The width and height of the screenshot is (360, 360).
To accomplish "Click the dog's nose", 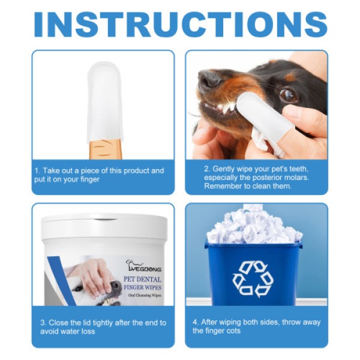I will [x=209, y=78].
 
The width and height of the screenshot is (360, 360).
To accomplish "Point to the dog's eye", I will [x=289, y=94].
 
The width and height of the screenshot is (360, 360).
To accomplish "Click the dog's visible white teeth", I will [x=227, y=108].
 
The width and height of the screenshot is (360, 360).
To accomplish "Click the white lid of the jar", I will [x=104, y=227].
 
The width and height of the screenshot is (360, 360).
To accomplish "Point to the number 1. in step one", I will [x=37, y=171].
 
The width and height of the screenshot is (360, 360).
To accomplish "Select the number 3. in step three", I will [x=43, y=323].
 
